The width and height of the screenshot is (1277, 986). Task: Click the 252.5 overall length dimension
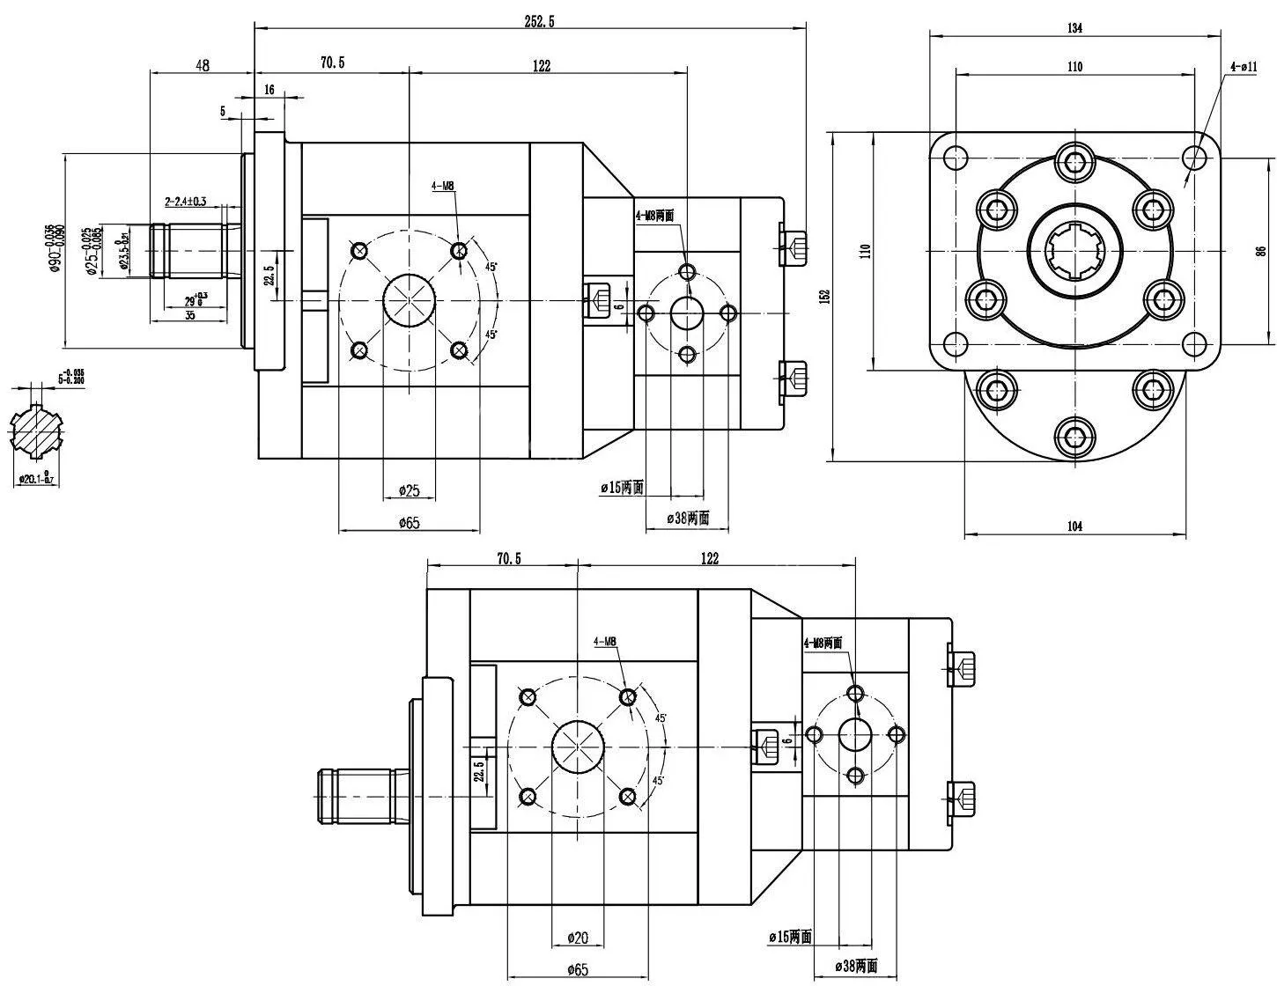[539, 22]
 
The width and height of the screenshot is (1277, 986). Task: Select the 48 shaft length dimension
[203, 64]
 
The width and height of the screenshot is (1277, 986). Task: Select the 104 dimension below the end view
[1074, 526]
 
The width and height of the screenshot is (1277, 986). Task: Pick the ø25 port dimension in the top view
[409, 489]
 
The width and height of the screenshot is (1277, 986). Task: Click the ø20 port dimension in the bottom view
[577, 937]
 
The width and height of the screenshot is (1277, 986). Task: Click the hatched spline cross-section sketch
[37, 430]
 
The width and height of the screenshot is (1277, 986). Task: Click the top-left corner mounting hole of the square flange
[954, 159]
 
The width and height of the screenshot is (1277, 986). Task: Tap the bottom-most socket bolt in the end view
[1074, 434]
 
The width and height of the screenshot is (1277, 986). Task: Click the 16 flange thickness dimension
[269, 90]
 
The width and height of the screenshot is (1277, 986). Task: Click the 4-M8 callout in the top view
[442, 186]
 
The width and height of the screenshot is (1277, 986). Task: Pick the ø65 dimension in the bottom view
[577, 969]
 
